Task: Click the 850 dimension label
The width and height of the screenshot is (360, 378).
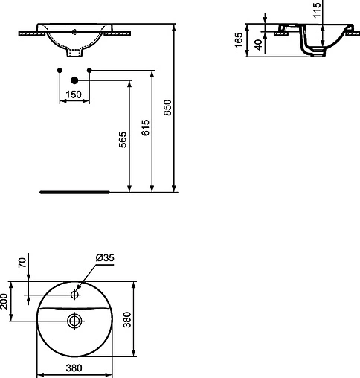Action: click(167, 109)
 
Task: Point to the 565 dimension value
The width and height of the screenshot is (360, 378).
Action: click(123, 140)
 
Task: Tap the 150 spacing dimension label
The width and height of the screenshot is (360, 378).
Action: click(73, 94)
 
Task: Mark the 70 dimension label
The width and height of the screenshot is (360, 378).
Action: click(22, 263)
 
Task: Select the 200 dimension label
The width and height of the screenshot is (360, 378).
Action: click(5, 301)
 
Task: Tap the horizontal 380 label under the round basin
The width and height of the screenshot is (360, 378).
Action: click(73, 368)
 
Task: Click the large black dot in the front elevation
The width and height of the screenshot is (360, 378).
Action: click(74, 80)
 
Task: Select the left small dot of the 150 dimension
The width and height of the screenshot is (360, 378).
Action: click(59, 70)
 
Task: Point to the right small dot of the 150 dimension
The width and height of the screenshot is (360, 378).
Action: click(89, 70)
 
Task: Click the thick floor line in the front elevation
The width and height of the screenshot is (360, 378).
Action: click(74, 191)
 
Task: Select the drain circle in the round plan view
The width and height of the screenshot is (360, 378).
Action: click(74, 321)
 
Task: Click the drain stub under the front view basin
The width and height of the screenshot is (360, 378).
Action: click(74, 54)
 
